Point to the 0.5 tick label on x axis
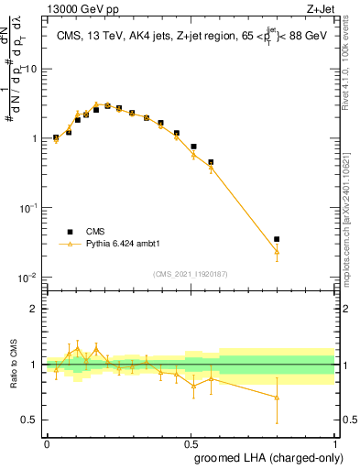tap(191, 443)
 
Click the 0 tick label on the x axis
tap(47, 443)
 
